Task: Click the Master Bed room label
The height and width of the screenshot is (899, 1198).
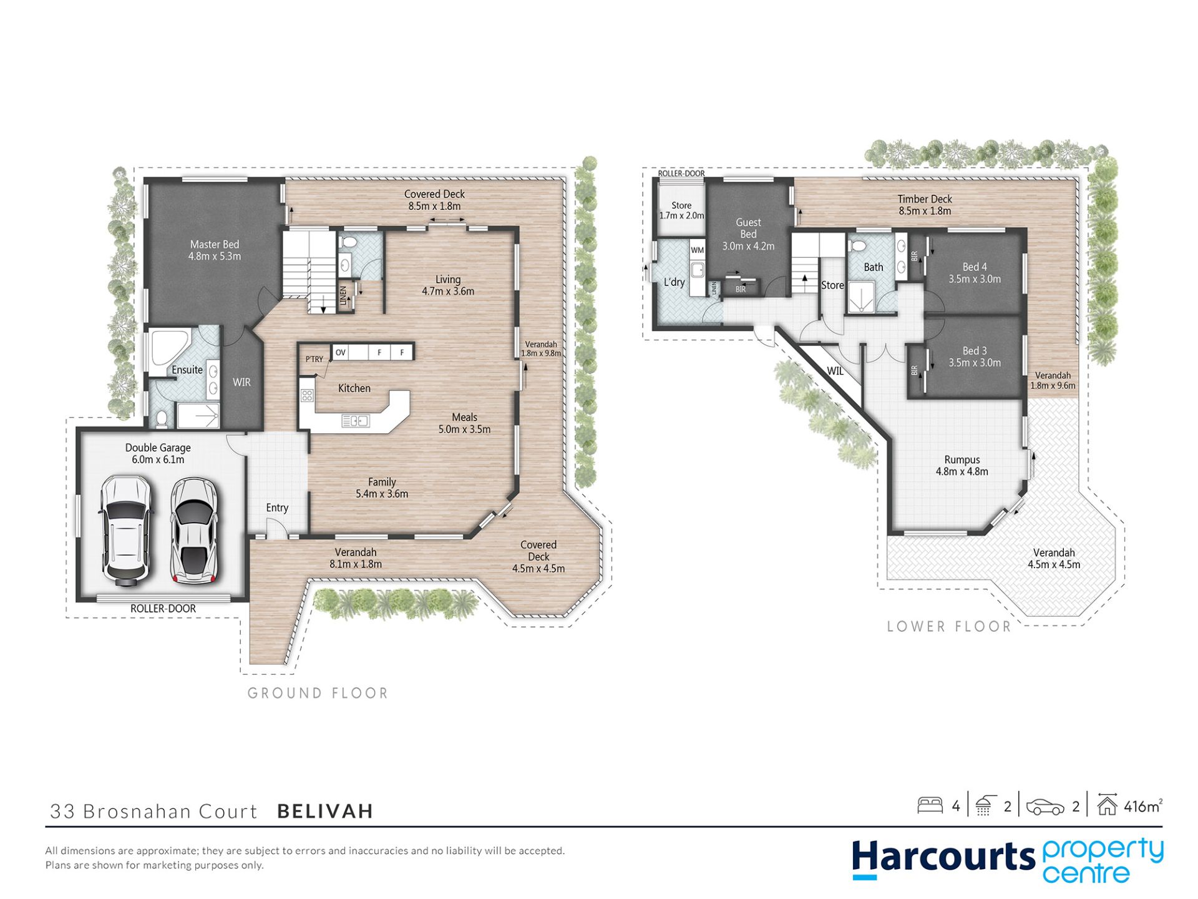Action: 215,250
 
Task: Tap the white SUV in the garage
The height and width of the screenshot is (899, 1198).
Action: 127,531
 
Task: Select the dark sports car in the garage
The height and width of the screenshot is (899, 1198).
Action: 194,531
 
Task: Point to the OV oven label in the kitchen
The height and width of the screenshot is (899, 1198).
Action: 341,353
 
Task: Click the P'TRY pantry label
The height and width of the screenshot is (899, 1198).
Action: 314,359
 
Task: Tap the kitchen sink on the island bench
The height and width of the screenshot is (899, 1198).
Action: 356,421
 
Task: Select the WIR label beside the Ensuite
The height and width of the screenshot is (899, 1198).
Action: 241,382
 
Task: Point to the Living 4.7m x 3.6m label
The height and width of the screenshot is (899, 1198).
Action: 448,285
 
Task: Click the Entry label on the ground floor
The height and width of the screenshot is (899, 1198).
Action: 277,508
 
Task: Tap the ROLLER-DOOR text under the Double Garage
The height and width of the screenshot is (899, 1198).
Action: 163,609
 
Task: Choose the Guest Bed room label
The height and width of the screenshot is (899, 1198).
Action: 748,234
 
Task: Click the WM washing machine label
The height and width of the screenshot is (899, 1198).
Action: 697,250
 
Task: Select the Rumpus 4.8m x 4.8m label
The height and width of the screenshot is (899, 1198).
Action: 962,466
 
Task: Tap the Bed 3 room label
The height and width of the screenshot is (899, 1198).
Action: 975,356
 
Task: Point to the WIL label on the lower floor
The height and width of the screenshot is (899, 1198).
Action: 835,371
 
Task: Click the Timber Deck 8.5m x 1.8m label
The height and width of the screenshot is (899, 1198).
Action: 925,205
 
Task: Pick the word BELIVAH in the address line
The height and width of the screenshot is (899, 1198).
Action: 325,811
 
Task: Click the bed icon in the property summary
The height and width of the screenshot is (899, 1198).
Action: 930,805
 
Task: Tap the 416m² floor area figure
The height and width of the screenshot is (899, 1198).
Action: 1143,806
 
